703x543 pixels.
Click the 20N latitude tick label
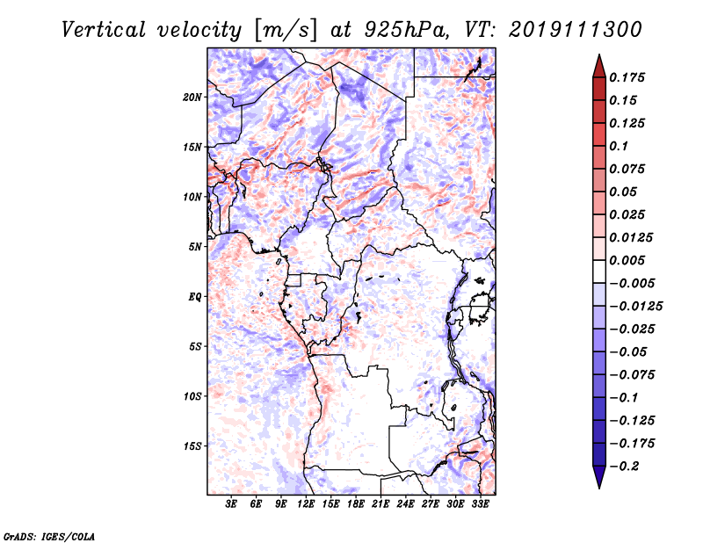tap(192, 97)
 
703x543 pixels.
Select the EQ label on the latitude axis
tap(195, 297)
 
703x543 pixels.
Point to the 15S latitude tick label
tap(192, 446)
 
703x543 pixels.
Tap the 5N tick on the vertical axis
tap(195, 247)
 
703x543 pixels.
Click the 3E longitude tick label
tap(232, 504)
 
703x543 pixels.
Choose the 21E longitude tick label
tap(380, 504)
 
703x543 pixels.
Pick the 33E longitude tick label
tap(480, 504)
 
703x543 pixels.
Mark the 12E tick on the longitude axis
tap(306, 504)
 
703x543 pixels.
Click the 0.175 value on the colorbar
tap(628, 77)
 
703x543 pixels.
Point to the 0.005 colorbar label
tap(628, 260)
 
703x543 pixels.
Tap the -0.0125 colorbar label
tap(634, 306)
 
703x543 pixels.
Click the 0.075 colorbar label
tap(628, 169)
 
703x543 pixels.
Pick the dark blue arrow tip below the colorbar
tap(598, 481)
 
